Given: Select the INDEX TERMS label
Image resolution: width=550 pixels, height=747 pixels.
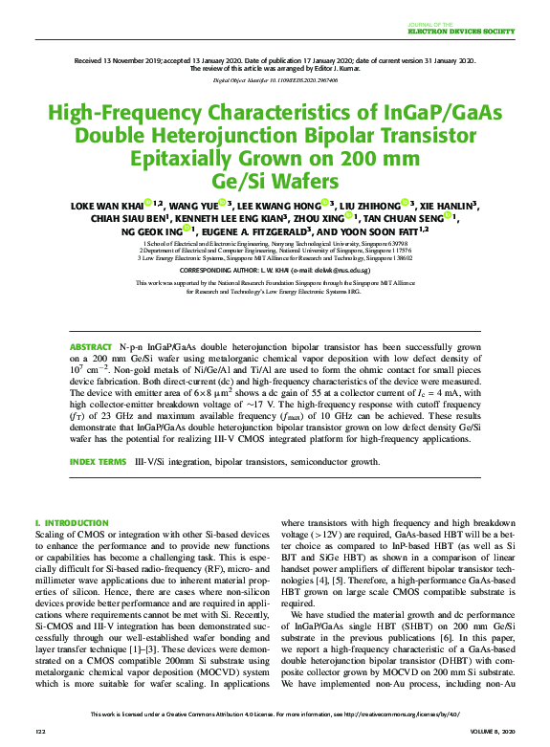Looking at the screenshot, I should click(x=98, y=462).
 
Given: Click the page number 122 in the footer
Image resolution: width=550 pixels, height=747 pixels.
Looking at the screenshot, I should click(x=40, y=731).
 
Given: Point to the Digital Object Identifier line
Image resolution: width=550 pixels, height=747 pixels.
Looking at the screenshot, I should click(x=275, y=80).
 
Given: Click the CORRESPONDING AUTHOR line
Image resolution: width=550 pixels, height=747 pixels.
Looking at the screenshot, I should click(x=275, y=271).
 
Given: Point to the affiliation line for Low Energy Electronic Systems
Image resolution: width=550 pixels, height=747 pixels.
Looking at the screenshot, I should click(x=275, y=258).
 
